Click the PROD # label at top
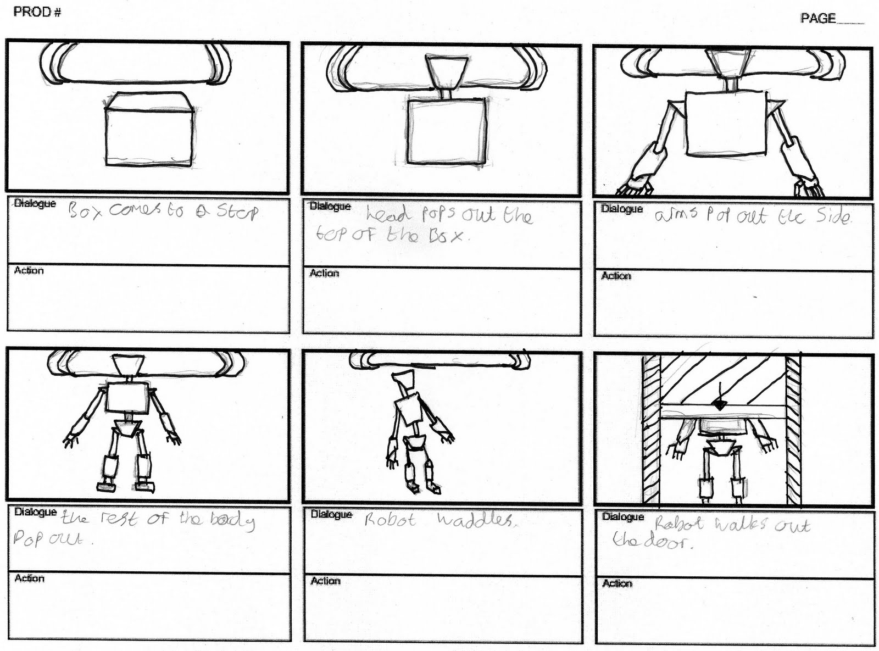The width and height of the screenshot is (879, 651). [37, 12]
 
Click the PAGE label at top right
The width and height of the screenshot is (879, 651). [817, 18]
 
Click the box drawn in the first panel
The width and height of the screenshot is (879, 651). [148, 135]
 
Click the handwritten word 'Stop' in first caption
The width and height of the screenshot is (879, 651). [236, 212]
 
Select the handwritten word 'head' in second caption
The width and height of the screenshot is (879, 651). [387, 214]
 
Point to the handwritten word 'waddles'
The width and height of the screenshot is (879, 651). [476, 520]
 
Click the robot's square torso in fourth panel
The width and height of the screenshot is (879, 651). [127, 398]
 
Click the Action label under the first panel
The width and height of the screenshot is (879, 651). [29, 270]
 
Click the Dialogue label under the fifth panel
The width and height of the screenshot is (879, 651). [331, 514]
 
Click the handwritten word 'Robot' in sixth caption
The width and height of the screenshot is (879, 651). [678, 525]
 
